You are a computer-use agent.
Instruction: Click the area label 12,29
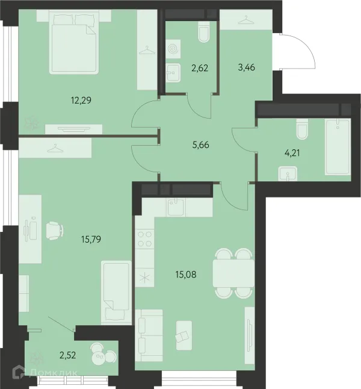[x=81, y=101]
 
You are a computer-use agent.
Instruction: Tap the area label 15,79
[x=91, y=240]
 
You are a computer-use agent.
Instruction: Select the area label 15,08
[x=186, y=275]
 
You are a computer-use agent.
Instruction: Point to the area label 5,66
[x=200, y=145]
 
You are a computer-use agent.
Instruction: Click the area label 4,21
[x=292, y=154]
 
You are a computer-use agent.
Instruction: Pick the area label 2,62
[x=200, y=67]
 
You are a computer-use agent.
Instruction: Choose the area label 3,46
[x=247, y=67]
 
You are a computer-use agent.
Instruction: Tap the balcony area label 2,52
[x=67, y=355]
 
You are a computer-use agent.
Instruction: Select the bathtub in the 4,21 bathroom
[x=338, y=147]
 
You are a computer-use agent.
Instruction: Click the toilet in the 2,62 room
[x=204, y=32]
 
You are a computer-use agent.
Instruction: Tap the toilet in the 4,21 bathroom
[x=302, y=129]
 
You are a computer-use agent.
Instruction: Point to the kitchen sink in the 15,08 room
[x=176, y=207]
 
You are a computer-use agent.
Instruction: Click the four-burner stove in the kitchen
[x=144, y=238]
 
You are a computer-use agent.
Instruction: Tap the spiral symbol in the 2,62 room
[x=173, y=49]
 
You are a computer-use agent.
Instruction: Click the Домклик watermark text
[x=54, y=372]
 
